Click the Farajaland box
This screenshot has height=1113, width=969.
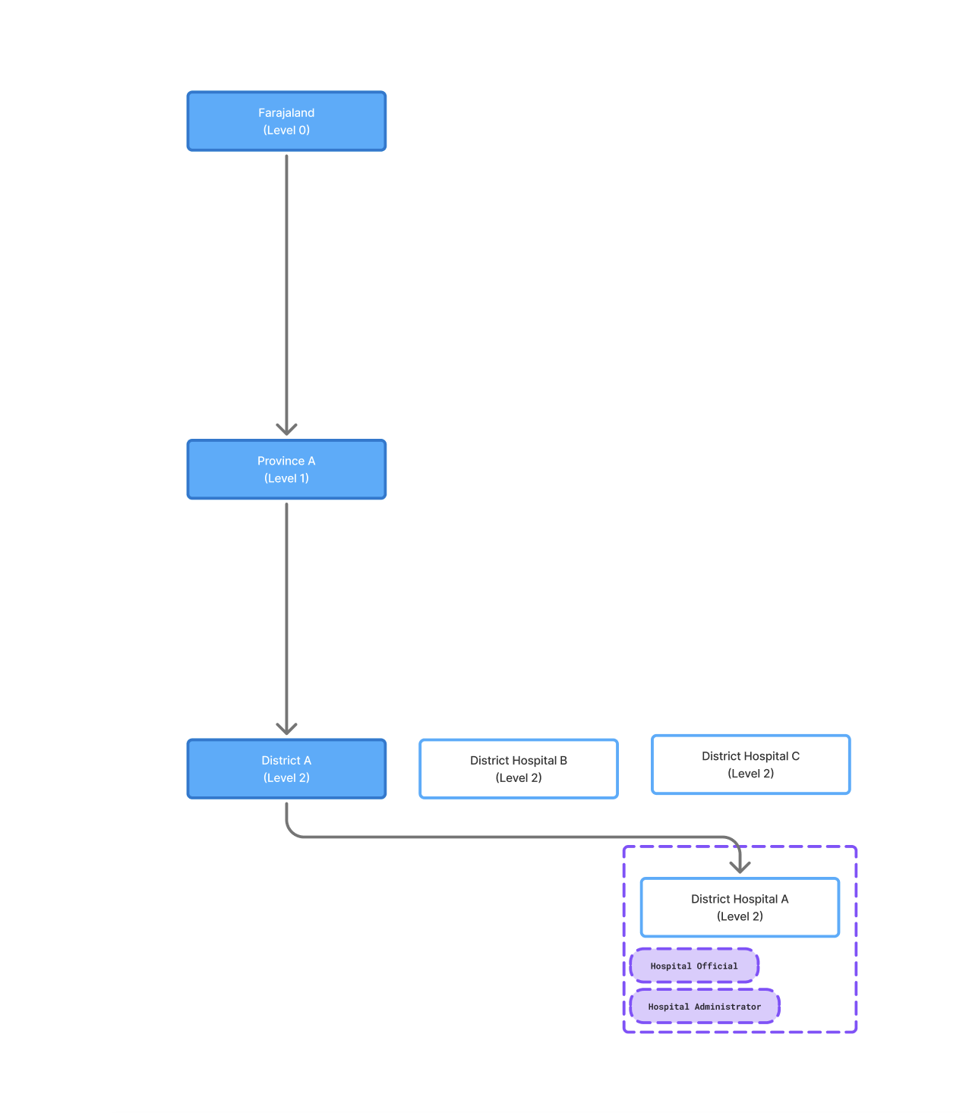click(x=286, y=121)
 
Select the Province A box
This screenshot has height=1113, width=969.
click(x=286, y=469)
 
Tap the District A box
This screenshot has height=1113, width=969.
click(x=286, y=768)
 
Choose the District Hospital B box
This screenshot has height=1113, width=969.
click(x=518, y=768)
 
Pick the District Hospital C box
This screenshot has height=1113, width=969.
click(x=750, y=764)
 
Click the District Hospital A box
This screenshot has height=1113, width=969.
click(x=740, y=906)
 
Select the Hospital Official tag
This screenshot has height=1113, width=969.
click(x=693, y=965)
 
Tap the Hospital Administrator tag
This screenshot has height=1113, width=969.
click(x=704, y=1006)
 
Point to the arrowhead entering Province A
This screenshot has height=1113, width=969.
click(x=286, y=429)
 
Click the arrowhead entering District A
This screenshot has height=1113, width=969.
click(x=286, y=728)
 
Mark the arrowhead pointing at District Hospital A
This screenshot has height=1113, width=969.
click(x=740, y=866)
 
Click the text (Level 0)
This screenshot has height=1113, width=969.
click(x=286, y=130)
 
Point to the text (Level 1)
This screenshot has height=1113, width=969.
click(x=286, y=478)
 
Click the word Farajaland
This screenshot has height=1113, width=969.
click(x=286, y=112)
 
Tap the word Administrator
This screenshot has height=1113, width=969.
click(x=728, y=1006)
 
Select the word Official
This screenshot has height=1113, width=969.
click(x=717, y=966)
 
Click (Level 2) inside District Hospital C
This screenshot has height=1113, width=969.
click(x=750, y=773)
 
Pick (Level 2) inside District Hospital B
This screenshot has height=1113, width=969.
click(x=518, y=777)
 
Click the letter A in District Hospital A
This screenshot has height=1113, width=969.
click(x=784, y=898)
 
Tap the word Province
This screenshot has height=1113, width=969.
click(x=280, y=460)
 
